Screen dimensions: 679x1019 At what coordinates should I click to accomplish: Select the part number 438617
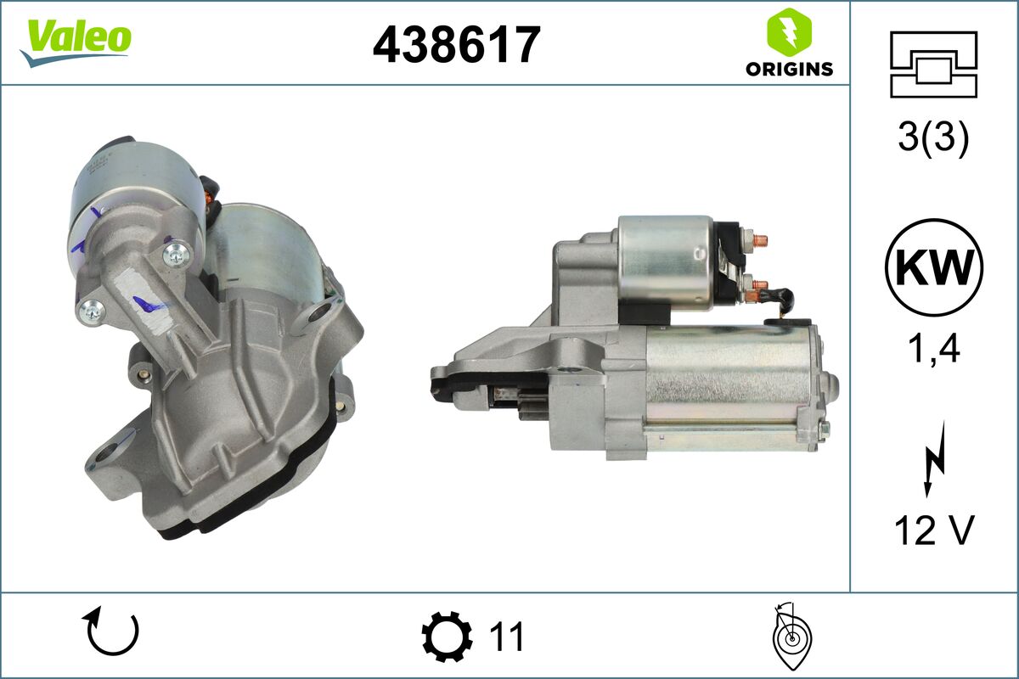click(x=456, y=44)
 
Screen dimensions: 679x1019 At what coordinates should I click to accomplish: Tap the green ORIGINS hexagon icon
click(x=789, y=31)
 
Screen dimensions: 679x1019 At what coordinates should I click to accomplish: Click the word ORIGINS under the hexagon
click(x=789, y=70)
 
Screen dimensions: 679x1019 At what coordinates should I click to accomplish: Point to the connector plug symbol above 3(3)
click(x=933, y=64)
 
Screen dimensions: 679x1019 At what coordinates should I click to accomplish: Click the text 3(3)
click(x=933, y=139)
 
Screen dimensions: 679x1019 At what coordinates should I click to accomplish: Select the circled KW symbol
click(x=933, y=267)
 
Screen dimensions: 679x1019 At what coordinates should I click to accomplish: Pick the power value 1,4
click(x=933, y=348)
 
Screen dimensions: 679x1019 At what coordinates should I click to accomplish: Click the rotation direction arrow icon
click(x=110, y=633)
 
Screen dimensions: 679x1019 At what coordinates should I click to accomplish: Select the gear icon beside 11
click(x=447, y=636)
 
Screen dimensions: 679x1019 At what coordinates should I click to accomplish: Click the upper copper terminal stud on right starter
click(x=757, y=240)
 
